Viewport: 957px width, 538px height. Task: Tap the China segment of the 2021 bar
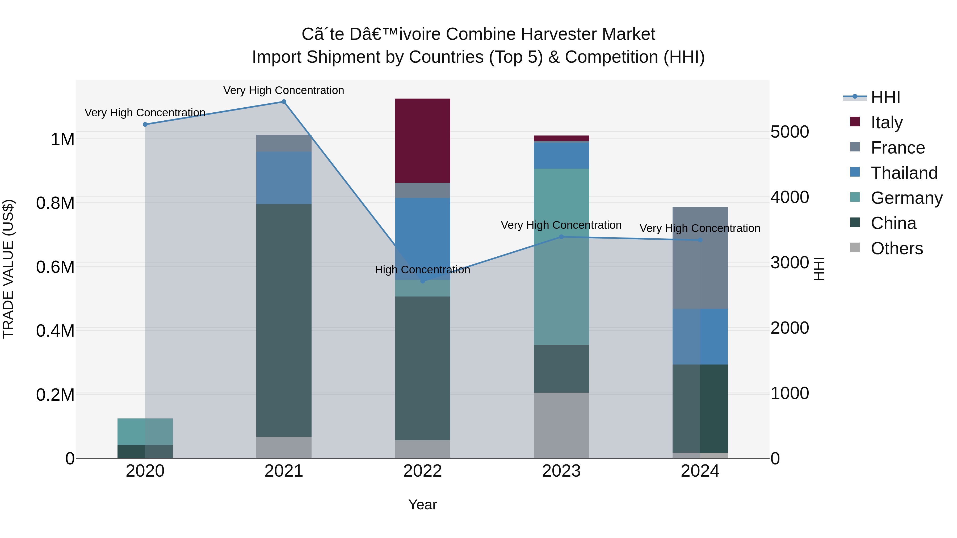tap(284, 320)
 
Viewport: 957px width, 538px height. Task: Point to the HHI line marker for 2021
tap(284, 102)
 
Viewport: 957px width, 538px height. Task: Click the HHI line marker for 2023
tap(561, 237)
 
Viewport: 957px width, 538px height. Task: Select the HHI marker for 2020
tap(145, 124)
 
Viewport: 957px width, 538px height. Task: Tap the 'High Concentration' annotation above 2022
tap(422, 270)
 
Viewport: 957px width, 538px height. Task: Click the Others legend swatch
tap(855, 248)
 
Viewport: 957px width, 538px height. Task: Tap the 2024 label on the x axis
tap(700, 471)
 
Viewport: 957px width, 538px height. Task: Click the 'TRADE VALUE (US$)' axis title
tap(8, 269)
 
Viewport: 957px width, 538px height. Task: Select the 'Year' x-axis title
tap(422, 505)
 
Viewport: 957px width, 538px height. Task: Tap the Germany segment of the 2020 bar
tap(145, 431)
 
